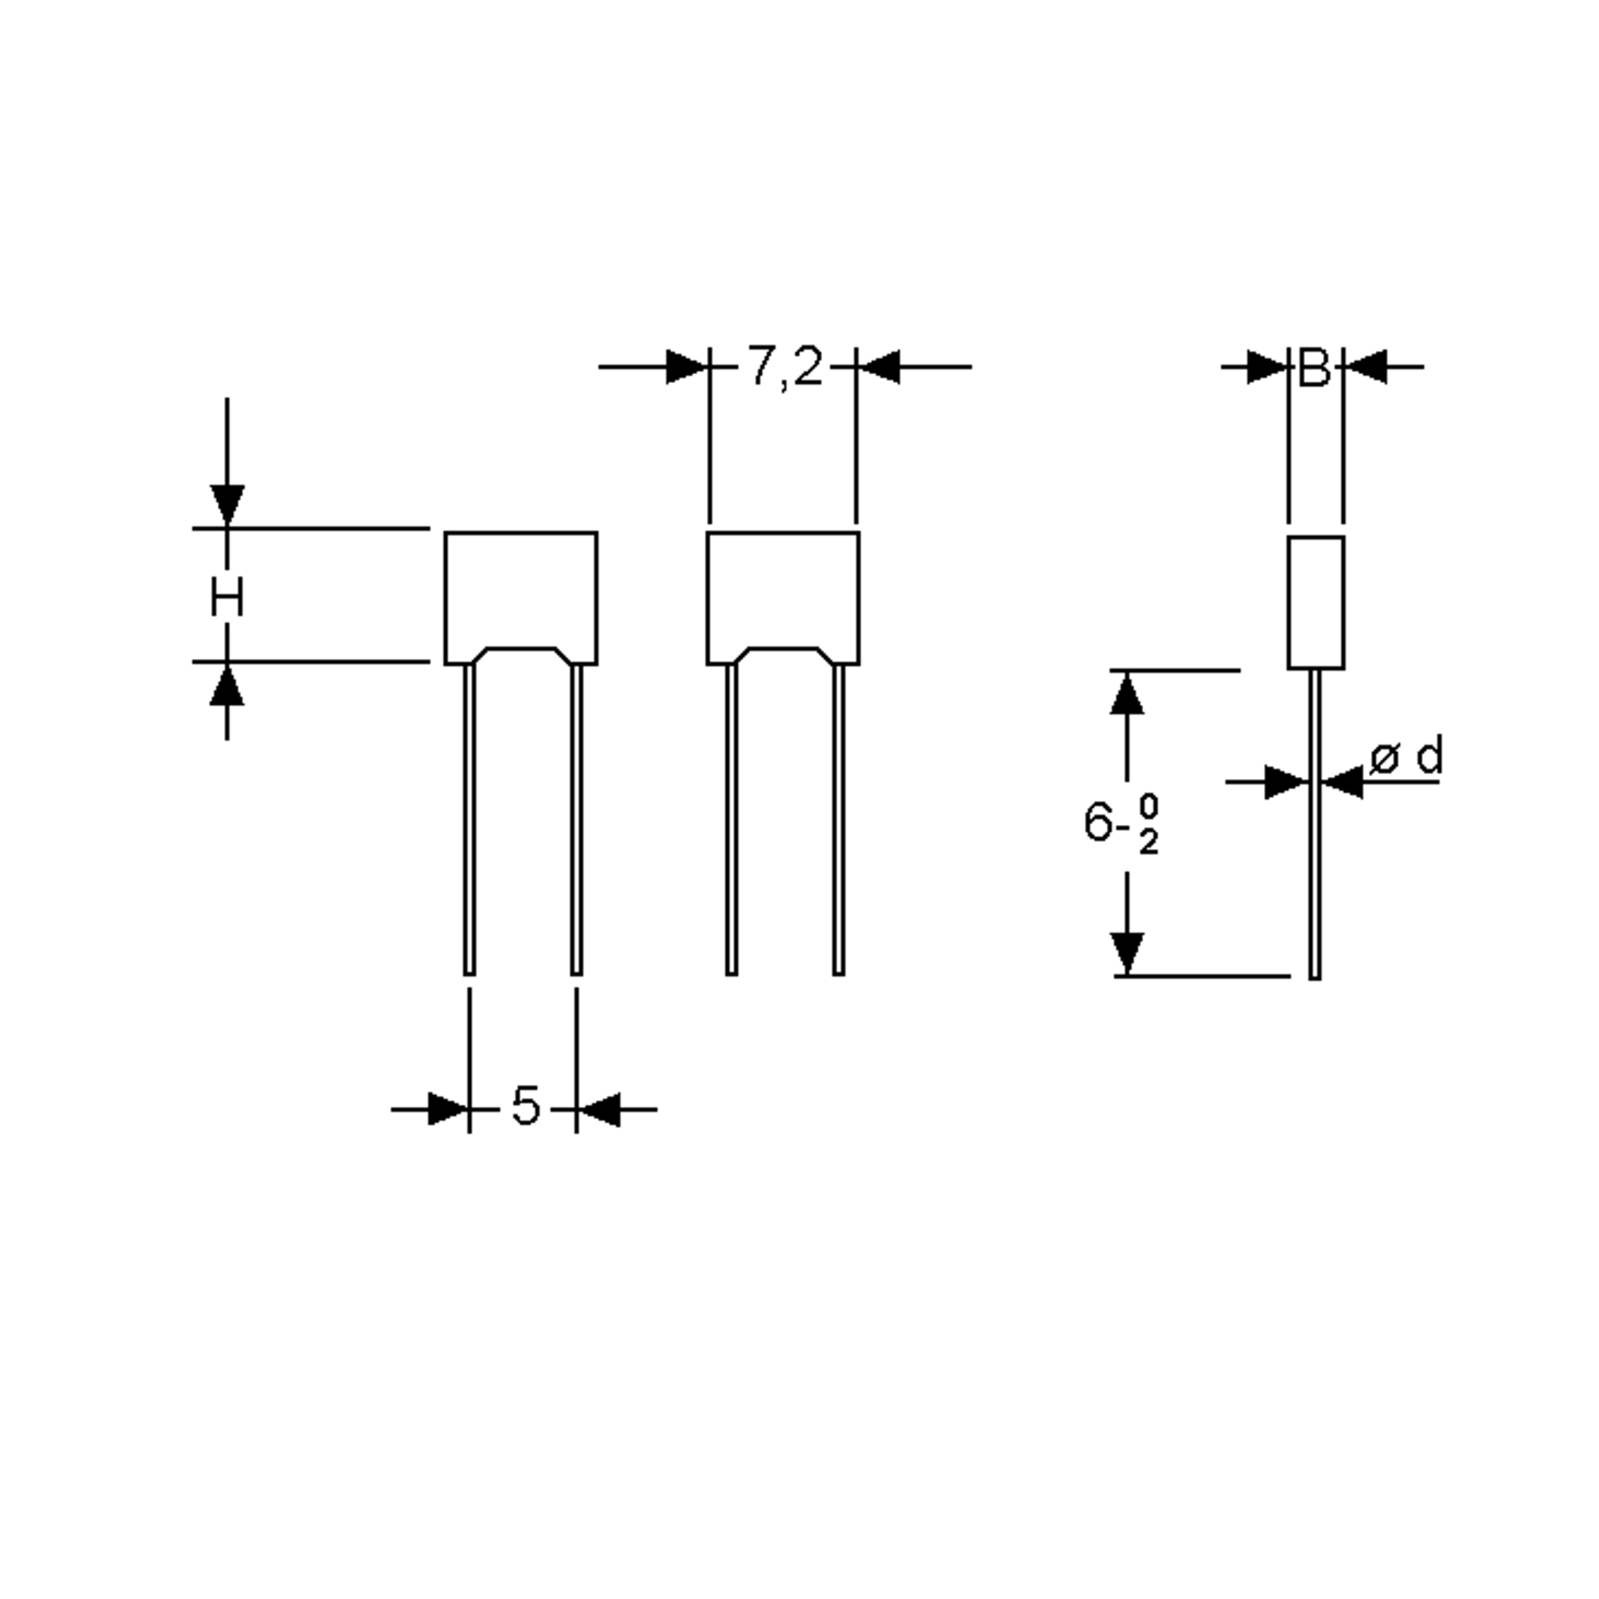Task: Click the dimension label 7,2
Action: point(785,366)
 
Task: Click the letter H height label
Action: point(227,598)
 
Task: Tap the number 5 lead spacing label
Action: point(526,1106)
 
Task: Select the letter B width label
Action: point(1315,368)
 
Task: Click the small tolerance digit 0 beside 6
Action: point(1149,804)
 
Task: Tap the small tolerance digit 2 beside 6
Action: point(1149,843)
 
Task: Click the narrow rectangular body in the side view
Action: point(1315,602)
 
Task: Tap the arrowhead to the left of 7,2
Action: point(686,366)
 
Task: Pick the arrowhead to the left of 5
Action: point(447,1109)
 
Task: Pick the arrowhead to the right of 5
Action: point(599,1109)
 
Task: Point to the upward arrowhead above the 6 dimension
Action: point(1127,694)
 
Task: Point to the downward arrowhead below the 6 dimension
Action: point(1127,952)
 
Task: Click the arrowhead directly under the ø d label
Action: point(1343,782)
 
